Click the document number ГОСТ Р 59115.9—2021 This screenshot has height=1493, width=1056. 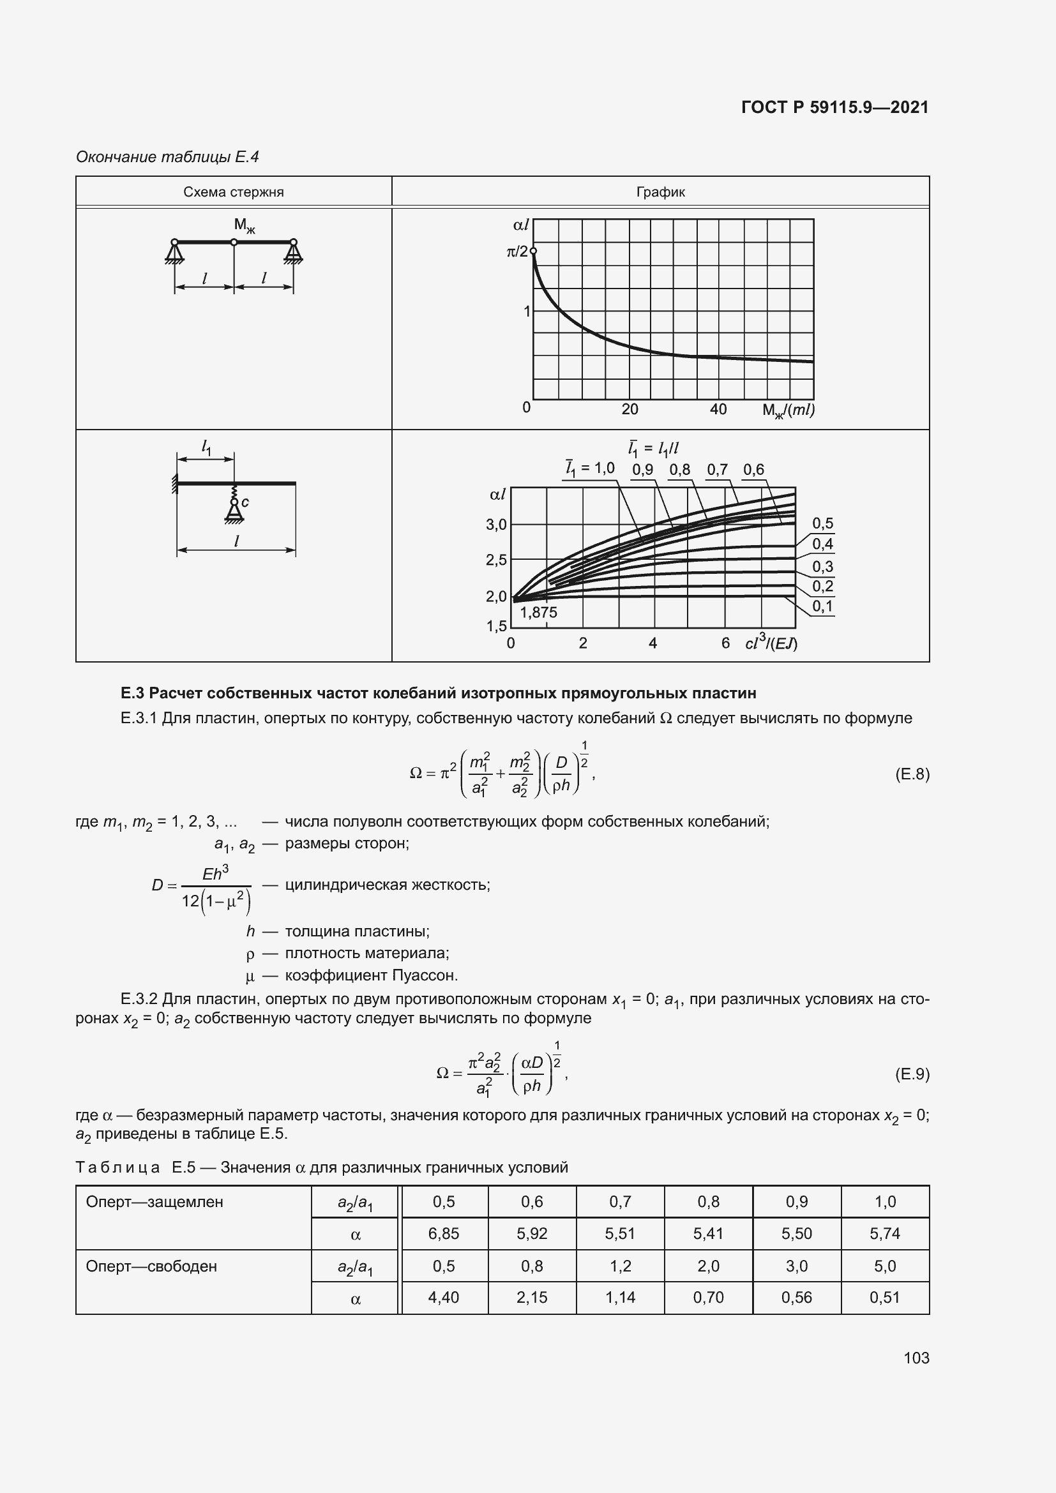pos(834,107)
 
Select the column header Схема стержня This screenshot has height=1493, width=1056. pos(234,192)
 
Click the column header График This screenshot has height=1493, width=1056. pos(660,192)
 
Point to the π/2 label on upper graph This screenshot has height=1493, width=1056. pos(517,251)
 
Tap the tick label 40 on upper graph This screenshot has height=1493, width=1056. pos(718,409)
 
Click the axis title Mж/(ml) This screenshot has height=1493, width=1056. pos(788,410)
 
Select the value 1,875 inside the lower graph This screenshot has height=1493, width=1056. pos(538,612)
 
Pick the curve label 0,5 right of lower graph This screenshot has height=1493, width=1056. pos(822,523)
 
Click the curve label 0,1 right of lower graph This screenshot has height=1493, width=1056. pos(822,606)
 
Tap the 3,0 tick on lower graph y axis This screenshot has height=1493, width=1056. pos(496,524)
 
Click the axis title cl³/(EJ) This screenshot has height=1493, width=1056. pos(771,643)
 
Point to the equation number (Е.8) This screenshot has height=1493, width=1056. pos(912,774)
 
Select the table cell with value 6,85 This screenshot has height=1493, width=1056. pos(444,1233)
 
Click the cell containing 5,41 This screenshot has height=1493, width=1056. pos(708,1233)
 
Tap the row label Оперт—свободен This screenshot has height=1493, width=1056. pos(151,1265)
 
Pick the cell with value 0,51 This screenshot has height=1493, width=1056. pos(884,1296)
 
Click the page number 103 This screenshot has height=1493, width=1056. pos(916,1357)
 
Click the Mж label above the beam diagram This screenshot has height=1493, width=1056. pos(245,225)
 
